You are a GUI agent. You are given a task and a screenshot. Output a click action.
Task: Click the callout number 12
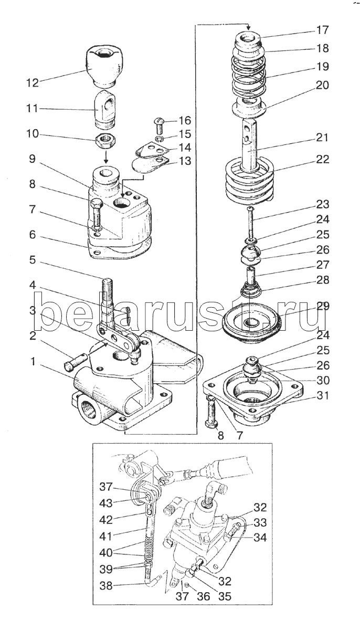(33, 83)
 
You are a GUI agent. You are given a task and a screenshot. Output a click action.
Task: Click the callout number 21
(322, 138)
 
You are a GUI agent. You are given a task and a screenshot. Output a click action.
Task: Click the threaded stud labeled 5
(108, 298)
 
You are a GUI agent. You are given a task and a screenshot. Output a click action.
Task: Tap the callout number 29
(322, 306)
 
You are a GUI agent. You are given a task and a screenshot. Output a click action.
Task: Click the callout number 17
(322, 30)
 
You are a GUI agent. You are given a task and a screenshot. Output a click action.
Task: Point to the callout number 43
(105, 503)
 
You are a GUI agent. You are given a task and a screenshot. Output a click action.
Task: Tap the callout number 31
(322, 396)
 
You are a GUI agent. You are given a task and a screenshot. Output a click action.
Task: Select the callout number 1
(33, 361)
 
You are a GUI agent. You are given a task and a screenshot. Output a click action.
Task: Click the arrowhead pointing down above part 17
(248, 28)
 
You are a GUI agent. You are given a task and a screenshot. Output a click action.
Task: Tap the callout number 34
(260, 538)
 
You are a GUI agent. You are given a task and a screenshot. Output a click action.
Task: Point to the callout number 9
(33, 159)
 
